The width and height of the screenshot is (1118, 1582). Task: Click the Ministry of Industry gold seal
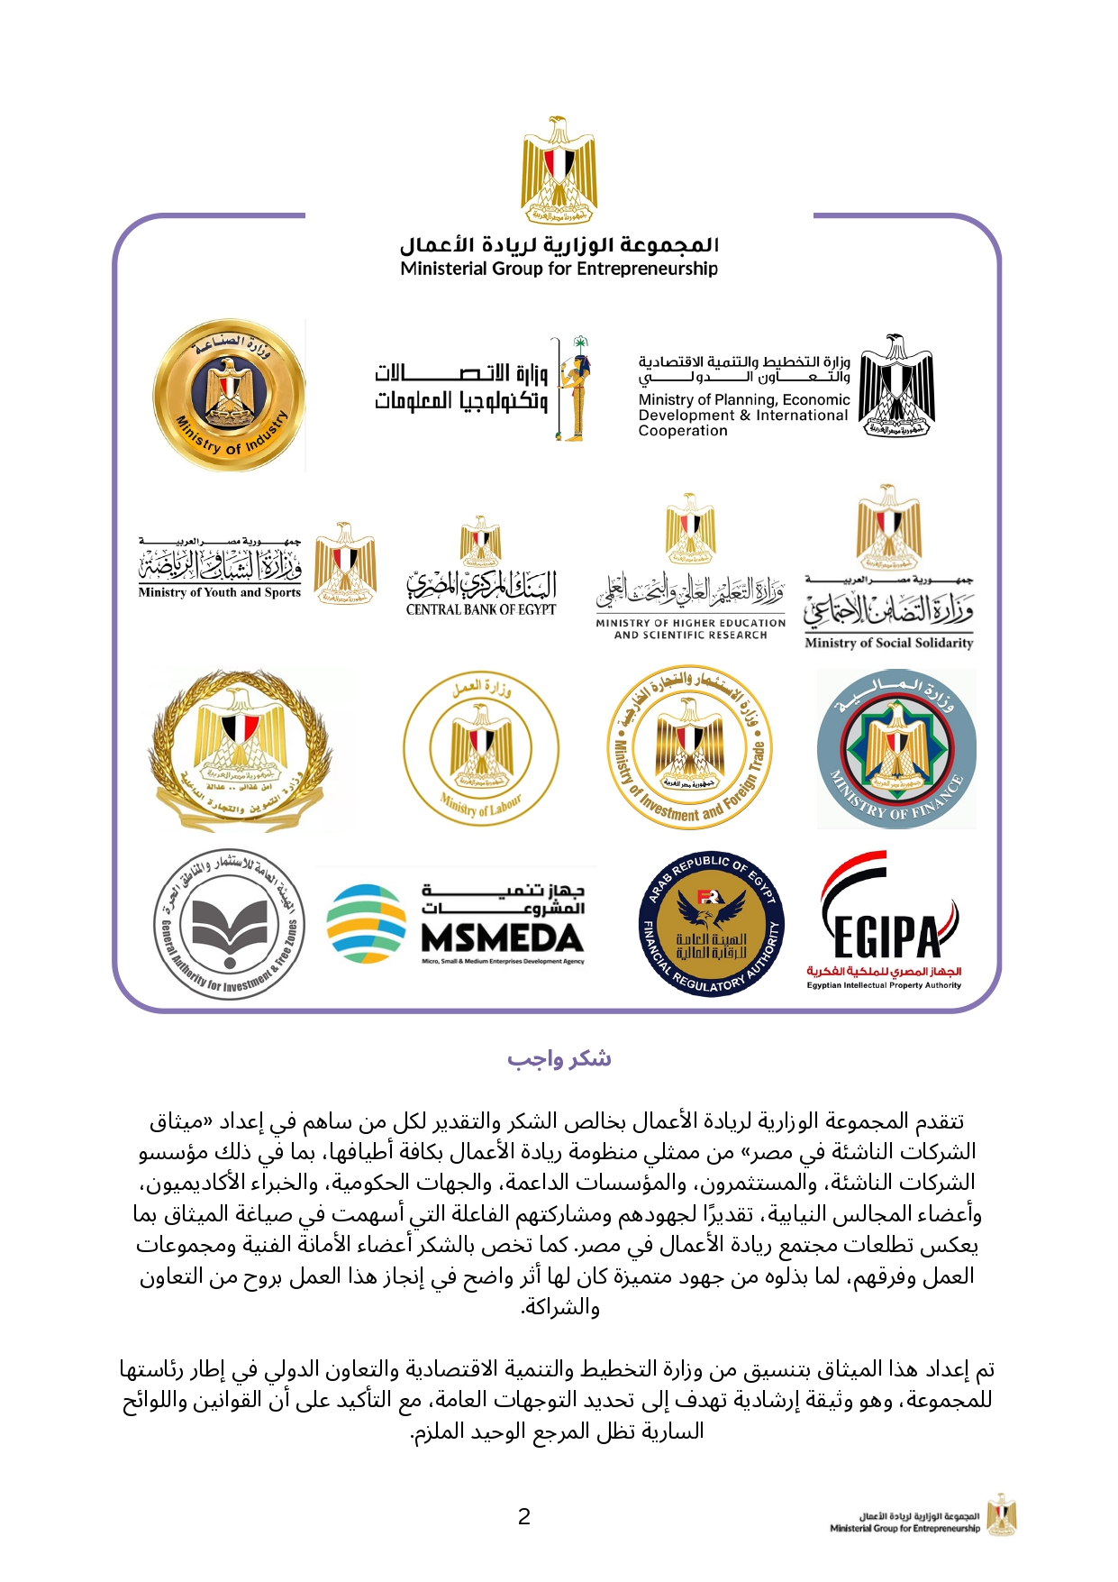pos(229,395)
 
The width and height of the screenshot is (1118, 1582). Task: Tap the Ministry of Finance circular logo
pos(896,749)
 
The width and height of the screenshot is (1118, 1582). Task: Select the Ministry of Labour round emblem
pos(481,749)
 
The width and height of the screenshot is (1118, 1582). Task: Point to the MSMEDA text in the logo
pos(503,939)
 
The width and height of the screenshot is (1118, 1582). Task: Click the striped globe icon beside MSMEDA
pos(367,924)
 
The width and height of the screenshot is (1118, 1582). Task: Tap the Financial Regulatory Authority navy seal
pos(711,924)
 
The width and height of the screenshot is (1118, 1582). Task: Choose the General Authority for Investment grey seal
pos(229,924)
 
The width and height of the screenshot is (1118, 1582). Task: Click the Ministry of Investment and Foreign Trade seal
pos(690,747)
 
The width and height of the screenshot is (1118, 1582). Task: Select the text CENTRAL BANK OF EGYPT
pos(481,610)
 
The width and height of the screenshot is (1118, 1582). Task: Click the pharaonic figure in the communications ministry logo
pos(574,389)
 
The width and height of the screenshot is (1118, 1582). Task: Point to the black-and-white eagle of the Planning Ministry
pos(896,388)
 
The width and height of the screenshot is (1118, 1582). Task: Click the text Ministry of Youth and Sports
pos(220,593)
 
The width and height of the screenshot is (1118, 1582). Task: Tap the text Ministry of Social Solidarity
pos(888,644)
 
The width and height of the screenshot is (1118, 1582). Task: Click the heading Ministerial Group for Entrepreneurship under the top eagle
pos(559,269)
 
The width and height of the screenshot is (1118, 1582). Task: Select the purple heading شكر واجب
pos(559,1058)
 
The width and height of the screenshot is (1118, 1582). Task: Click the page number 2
pos(524,1516)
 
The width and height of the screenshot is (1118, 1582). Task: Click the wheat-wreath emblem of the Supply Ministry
pos(241,749)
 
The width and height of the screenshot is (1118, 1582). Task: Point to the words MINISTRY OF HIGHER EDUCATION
pos(690,623)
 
